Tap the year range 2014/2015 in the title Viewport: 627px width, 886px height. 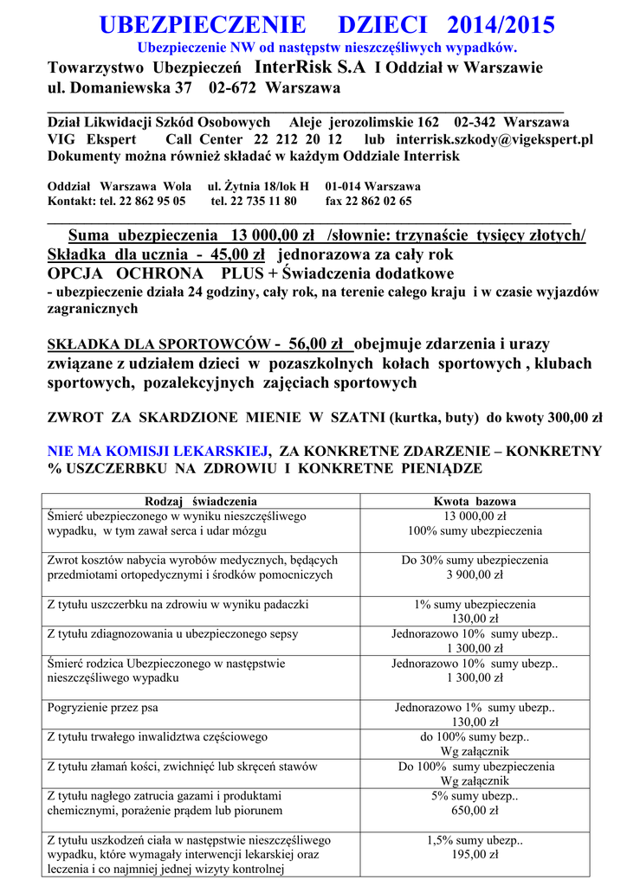pos(501,24)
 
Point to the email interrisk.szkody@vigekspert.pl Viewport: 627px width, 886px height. pos(494,139)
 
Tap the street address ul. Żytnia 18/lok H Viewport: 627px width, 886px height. pos(258,186)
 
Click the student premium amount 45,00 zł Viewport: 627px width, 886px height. pos(236,254)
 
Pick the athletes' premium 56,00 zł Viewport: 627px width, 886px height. pos(316,343)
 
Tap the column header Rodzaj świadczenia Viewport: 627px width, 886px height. pos(201,501)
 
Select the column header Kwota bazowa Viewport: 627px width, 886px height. pos(475,501)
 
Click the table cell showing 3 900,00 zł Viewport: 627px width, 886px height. pos(475,575)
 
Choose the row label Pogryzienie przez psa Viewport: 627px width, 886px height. pos(103,708)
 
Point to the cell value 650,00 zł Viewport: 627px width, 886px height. pos(475,811)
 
